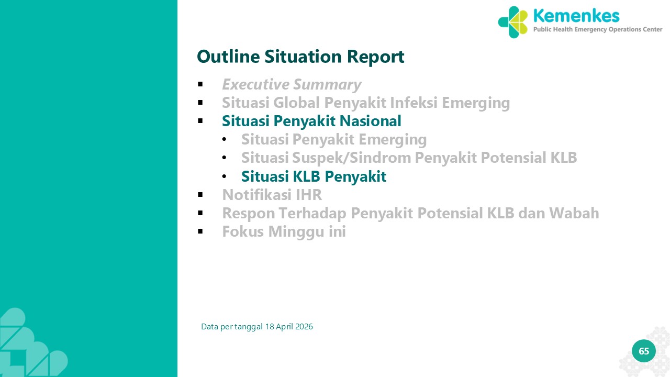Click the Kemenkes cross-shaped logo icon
point(512,22)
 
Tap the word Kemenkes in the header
point(576,16)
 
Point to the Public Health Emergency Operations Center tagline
point(598,30)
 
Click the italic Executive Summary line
point(292,84)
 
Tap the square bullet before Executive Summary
point(200,84)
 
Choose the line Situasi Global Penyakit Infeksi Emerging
point(366,103)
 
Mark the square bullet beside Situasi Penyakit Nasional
point(200,121)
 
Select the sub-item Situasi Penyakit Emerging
point(334,140)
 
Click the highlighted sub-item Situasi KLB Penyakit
point(314,176)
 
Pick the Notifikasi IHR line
point(272,195)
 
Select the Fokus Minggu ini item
point(284,232)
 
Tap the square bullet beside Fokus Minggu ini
point(200,231)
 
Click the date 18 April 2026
point(289,326)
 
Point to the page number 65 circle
point(644,351)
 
